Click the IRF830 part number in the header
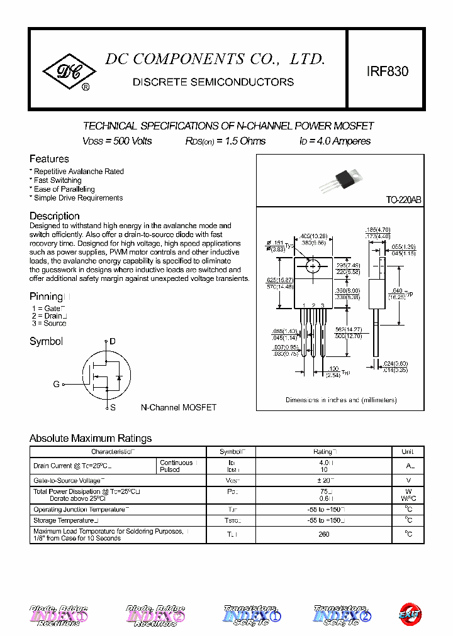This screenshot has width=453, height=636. point(387,72)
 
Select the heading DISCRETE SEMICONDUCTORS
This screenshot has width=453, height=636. point(213,82)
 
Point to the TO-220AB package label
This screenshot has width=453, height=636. point(403,200)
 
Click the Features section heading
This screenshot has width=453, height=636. point(49,159)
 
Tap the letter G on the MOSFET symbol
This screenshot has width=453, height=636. point(56,384)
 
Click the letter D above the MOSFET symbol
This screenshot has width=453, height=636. point(113,341)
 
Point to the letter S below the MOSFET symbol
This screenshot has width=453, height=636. point(113,407)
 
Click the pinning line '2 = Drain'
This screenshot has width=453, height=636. point(49,316)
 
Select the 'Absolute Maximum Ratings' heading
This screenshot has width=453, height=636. point(91,438)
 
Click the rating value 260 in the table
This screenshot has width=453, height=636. point(324,535)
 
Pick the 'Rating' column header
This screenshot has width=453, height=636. point(324,452)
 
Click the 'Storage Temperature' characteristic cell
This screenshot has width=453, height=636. point(65,520)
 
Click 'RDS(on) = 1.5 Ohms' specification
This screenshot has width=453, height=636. point(225,141)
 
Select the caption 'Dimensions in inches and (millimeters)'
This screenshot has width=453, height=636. point(341,400)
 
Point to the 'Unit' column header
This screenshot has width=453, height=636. point(408,452)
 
